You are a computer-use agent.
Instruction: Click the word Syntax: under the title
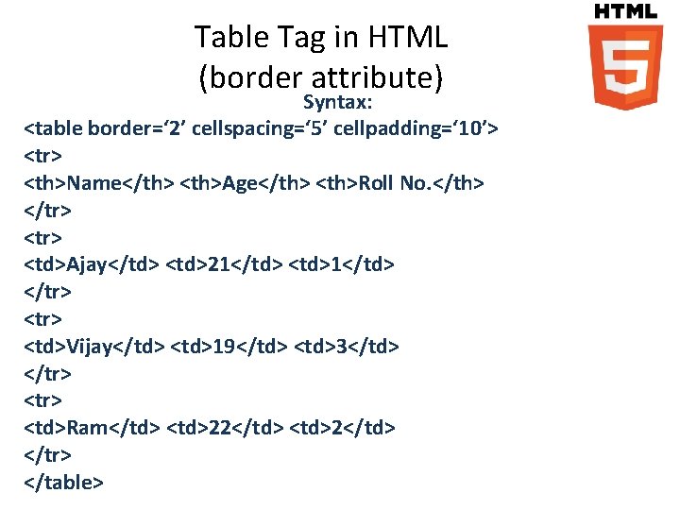tap(339, 101)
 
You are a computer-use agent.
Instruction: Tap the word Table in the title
tap(225, 39)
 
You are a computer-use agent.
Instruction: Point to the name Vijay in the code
tap(90, 347)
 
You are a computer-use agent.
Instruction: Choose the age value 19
tap(226, 347)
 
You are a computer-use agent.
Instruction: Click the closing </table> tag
tap(63, 482)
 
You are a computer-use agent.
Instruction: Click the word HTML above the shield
tap(624, 10)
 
